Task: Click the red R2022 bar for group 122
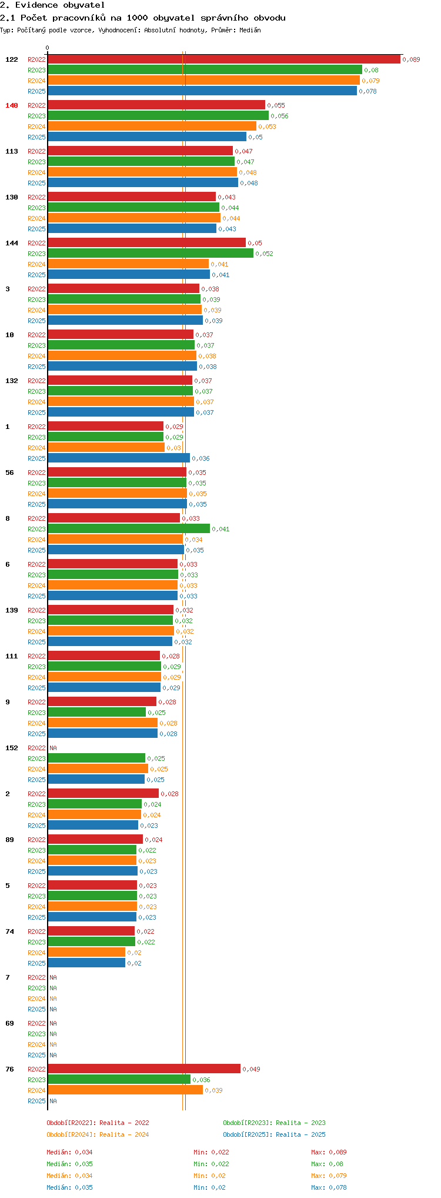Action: click(x=223, y=59)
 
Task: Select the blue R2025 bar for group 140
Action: click(x=147, y=137)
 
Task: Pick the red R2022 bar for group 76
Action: click(x=144, y=1069)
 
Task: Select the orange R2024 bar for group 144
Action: click(x=128, y=264)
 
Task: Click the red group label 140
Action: click(x=12, y=105)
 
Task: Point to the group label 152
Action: click(x=12, y=748)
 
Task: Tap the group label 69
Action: click(x=9, y=1023)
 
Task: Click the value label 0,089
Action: click(x=411, y=59)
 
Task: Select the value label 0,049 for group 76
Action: click(x=251, y=1069)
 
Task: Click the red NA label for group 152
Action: click(x=53, y=748)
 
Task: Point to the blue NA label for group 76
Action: click(x=53, y=1101)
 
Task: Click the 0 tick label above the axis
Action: click(x=48, y=48)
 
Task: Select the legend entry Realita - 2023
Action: click(x=274, y=1123)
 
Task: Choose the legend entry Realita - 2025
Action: click(x=274, y=1134)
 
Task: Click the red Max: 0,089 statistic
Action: click(x=329, y=1152)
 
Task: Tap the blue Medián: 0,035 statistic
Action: click(x=69, y=1187)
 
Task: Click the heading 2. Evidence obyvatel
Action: click(x=52, y=5)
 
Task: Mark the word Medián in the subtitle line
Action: click(x=250, y=30)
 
